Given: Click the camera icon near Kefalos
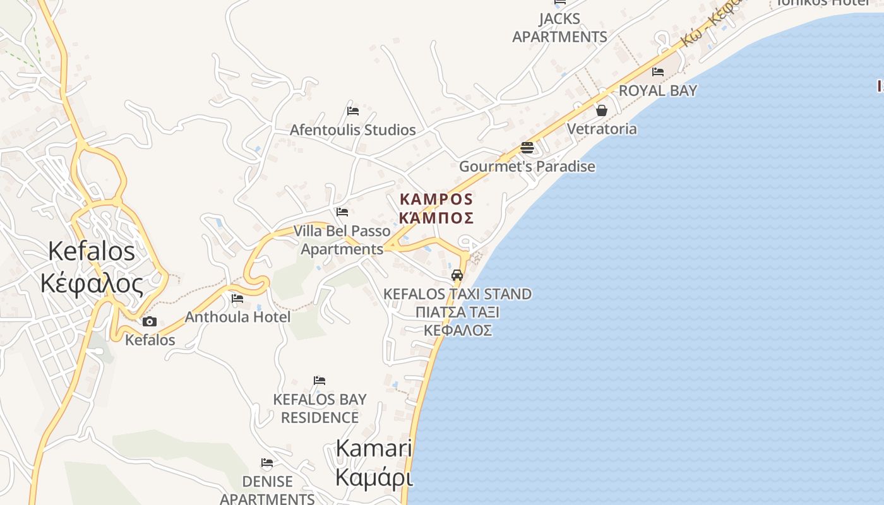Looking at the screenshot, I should [150, 321].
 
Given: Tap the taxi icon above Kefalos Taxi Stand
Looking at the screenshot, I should [457, 275].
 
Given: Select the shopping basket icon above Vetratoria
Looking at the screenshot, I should [602, 110].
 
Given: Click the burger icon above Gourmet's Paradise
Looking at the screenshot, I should [527, 148].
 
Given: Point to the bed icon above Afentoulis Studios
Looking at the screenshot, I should [353, 111].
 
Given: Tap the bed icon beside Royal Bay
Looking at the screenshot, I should [658, 72].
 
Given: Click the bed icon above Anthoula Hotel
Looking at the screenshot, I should [237, 298].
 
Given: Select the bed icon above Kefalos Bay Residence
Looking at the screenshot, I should [320, 381].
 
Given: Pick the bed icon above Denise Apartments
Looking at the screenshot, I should [267, 463].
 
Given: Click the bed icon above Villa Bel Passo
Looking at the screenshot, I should [342, 212].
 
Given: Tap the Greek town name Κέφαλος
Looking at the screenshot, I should [92, 284].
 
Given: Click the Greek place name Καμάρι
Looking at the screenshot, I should [374, 478].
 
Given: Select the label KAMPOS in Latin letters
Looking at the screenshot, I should [436, 199].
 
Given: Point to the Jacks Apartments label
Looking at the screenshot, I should [559, 28].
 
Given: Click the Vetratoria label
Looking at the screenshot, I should [602, 129].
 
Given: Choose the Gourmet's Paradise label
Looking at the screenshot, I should [527, 167].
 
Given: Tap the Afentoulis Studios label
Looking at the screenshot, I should [353, 130].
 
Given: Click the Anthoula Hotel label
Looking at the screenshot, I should [237, 317].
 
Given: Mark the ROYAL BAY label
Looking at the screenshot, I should [658, 90].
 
